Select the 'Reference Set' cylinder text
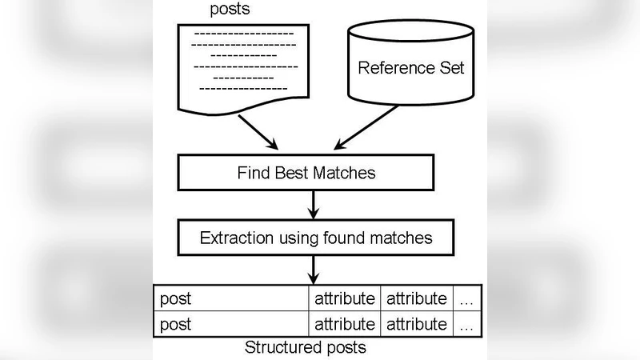410,67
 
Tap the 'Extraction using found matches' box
315,238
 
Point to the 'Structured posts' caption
306,348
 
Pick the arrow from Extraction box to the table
314,269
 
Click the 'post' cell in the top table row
230,299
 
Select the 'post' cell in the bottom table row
230,324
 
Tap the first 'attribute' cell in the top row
344,299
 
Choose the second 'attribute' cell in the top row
416,299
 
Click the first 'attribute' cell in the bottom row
344,324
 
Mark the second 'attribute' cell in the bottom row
416,324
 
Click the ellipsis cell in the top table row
467,299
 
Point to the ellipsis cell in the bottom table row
467,324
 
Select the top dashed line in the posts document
244,34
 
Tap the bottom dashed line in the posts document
242,89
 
